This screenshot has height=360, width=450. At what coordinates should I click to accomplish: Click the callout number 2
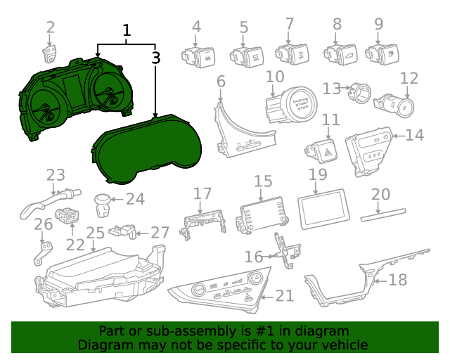tap(51, 28)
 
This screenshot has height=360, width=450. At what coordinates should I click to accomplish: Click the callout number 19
tap(318, 174)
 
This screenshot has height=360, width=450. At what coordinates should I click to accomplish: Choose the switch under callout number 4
tap(196, 54)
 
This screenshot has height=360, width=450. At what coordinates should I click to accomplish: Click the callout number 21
tap(285, 296)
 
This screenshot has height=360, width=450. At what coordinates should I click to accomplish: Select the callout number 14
tap(414, 134)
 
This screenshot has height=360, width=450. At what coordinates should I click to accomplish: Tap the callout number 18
tap(397, 280)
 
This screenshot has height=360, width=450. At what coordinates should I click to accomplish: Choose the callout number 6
tap(221, 82)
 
